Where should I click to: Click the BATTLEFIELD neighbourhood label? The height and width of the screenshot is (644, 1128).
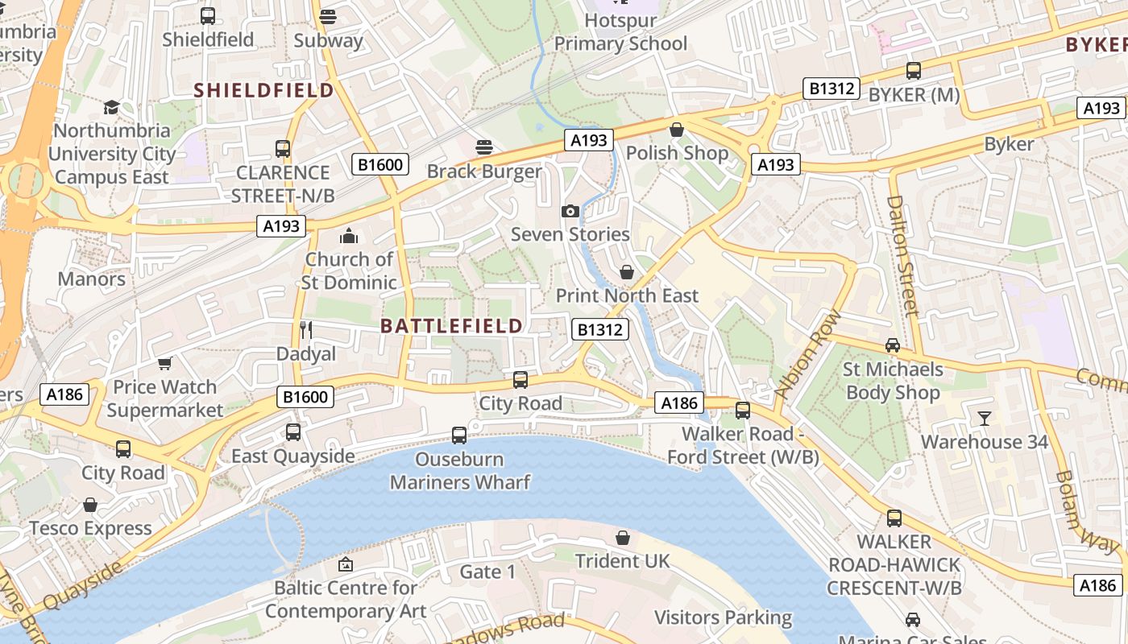pyautogui.click(x=451, y=326)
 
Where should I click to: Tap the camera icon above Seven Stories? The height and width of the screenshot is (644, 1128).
pyautogui.click(x=570, y=211)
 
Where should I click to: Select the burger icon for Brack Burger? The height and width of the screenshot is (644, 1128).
pyautogui.click(x=483, y=147)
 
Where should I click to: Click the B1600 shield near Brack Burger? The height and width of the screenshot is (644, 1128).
pyautogui.click(x=380, y=165)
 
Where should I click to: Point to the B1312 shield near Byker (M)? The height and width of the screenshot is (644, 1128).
pyautogui.click(x=831, y=89)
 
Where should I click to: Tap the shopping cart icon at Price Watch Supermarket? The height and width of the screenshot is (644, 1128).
pyautogui.click(x=165, y=364)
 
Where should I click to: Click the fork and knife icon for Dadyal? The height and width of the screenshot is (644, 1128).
pyautogui.click(x=305, y=329)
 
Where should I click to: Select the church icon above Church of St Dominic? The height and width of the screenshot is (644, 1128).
pyautogui.click(x=348, y=235)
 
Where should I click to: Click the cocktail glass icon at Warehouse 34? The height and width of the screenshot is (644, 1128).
pyautogui.click(x=984, y=418)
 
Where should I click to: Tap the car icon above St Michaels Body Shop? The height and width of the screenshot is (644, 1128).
pyautogui.click(x=893, y=345)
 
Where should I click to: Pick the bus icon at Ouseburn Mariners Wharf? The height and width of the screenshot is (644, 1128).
pyautogui.click(x=459, y=436)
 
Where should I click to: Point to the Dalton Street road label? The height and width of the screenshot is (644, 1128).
pyautogui.click(x=903, y=256)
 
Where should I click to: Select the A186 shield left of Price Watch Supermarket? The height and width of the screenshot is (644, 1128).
pyautogui.click(x=64, y=394)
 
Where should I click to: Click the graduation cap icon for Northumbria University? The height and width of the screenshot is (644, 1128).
pyautogui.click(x=111, y=107)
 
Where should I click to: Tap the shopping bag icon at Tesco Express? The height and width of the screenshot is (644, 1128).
pyautogui.click(x=90, y=505)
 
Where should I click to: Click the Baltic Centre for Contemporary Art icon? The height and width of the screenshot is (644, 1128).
pyautogui.click(x=346, y=564)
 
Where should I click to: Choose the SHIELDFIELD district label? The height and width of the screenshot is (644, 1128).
pyautogui.click(x=264, y=90)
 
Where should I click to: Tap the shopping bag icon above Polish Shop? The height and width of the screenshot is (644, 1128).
pyautogui.click(x=677, y=130)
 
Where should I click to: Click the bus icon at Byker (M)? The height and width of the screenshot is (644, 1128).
pyautogui.click(x=913, y=71)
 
